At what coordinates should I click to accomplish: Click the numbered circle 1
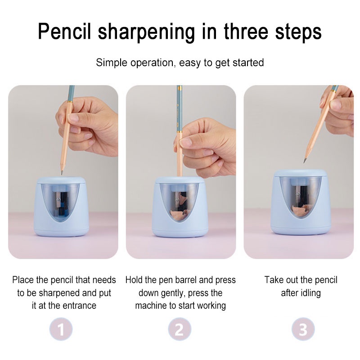pos(61,329)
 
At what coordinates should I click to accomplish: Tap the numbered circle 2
pos(180,329)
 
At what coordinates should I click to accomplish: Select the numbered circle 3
pos(303,329)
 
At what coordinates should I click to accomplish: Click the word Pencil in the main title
pos(64,31)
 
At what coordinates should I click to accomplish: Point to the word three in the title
pos(246,31)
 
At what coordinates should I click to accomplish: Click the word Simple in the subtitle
pos(111,63)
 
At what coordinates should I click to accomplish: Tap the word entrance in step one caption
pos(80,306)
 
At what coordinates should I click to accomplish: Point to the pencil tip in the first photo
pos(62,171)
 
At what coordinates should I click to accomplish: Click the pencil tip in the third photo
pos(305,162)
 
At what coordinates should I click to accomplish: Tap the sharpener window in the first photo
pos(60,202)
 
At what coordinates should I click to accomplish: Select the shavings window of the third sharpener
pos(300,197)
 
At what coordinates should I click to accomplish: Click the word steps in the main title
pos(298,31)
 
